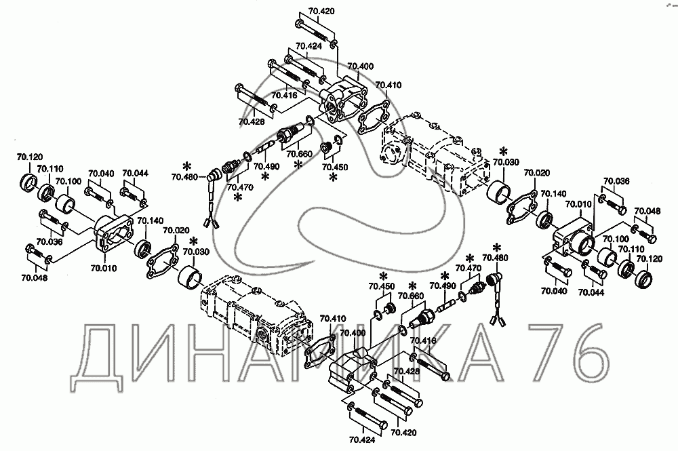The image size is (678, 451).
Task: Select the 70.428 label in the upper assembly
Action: [252, 121]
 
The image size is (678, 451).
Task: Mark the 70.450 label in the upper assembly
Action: [334, 166]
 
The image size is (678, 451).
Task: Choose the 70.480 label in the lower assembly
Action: [494, 258]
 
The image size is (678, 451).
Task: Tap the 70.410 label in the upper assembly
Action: [388, 85]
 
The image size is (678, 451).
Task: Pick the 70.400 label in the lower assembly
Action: [352, 333]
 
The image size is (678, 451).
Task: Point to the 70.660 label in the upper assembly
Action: [300, 153]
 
